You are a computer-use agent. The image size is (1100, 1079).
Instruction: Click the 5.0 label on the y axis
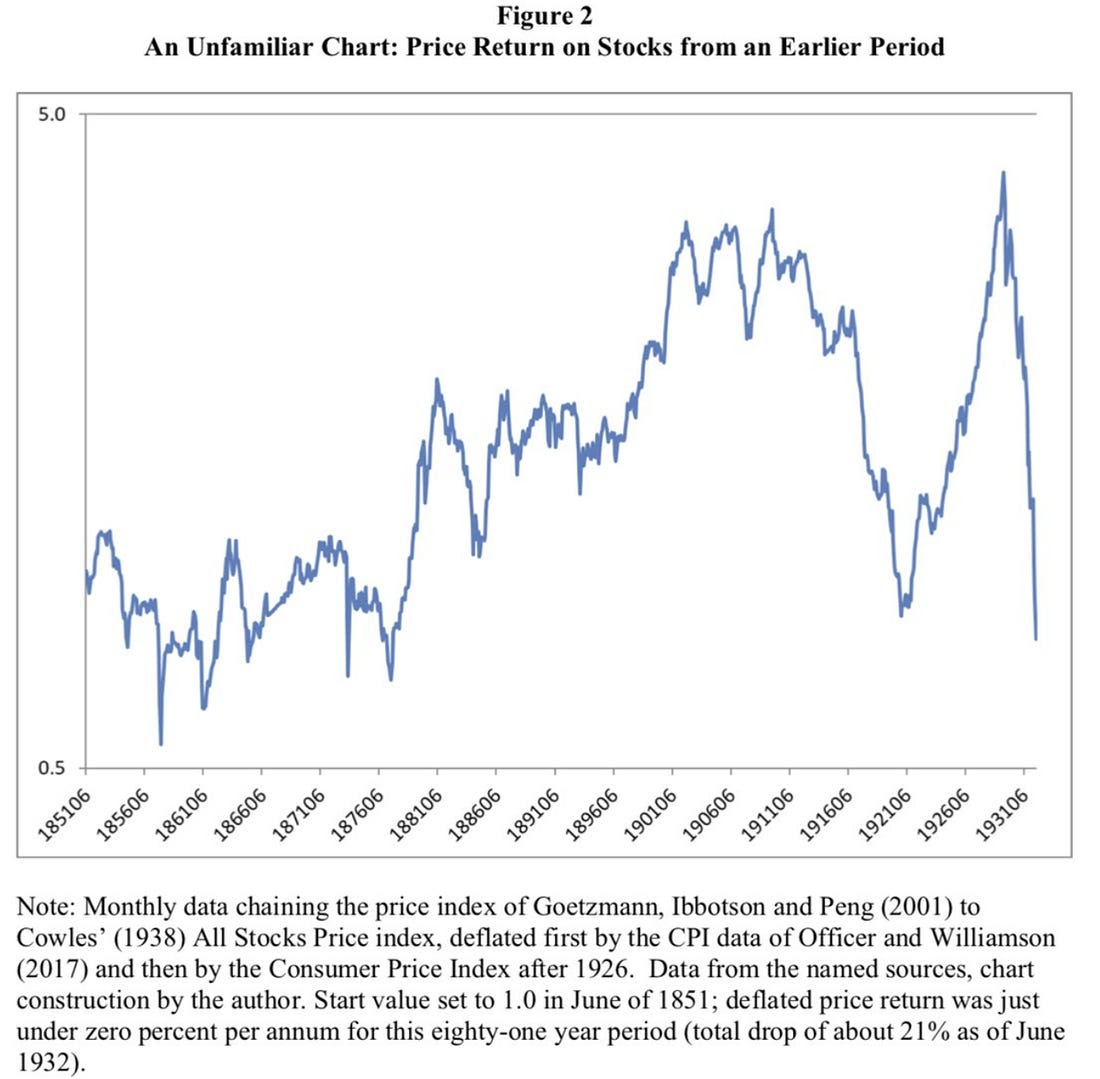(50, 113)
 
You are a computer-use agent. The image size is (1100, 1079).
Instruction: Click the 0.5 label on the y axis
(50, 768)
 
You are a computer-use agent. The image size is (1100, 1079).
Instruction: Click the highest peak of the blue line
(1002, 173)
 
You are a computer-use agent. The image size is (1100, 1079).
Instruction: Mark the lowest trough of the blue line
(161, 744)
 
